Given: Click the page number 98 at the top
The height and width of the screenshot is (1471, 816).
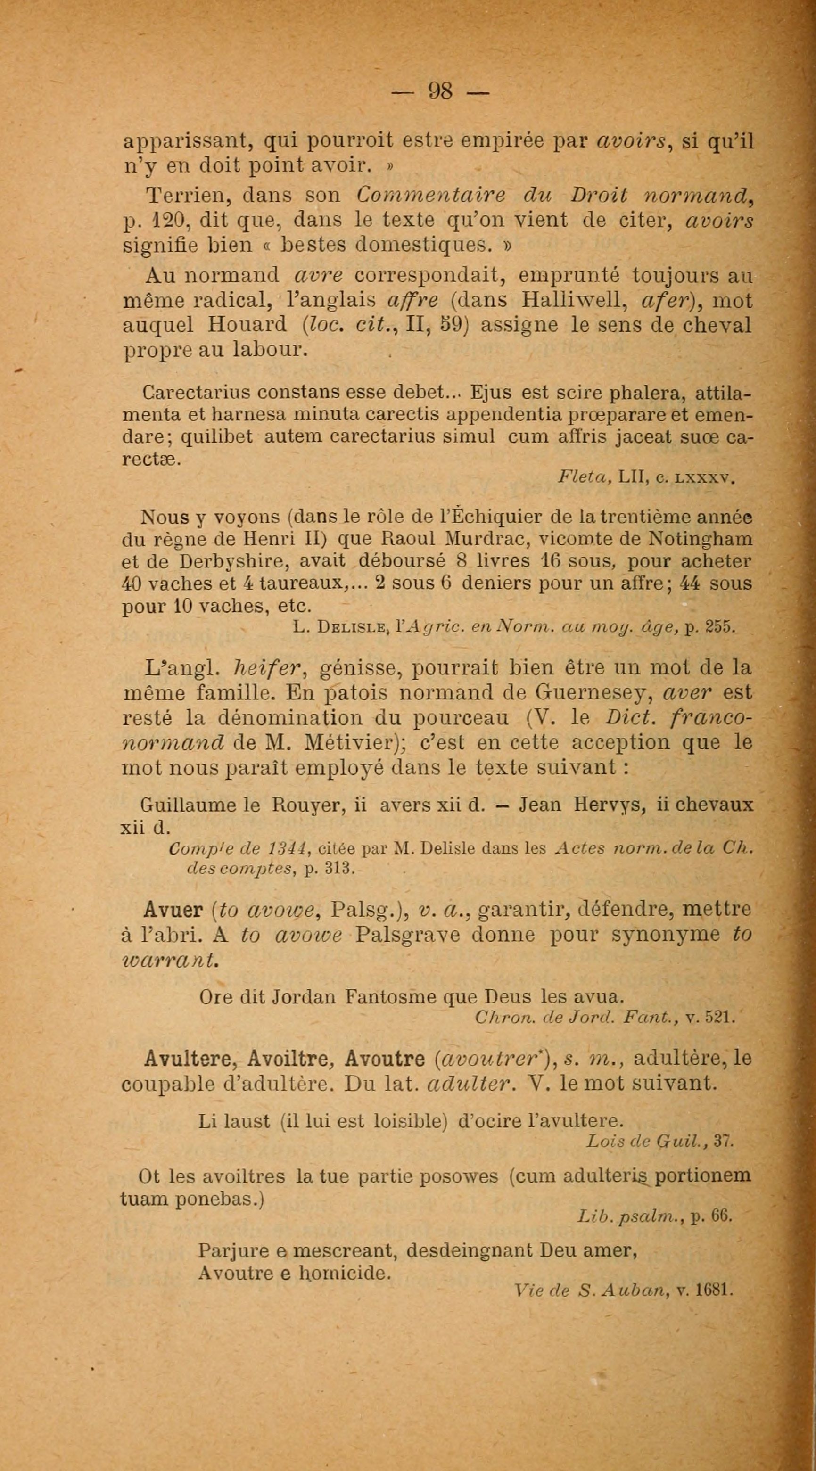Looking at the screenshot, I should tap(440, 91).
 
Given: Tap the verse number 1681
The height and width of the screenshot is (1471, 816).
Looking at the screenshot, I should tap(713, 1274).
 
